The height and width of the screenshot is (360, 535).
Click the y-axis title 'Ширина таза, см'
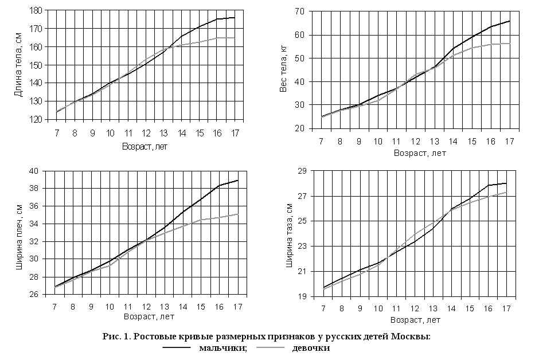pyautogui.click(x=290, y=234)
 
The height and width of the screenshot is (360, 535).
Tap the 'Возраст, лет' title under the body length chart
pyautogui.click(x=145, y=146)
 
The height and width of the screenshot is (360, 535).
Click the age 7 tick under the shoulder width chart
pyautogui.click(x=55, y=307)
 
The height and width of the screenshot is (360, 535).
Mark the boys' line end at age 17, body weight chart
pyautogui.click(x=509, y=21)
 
